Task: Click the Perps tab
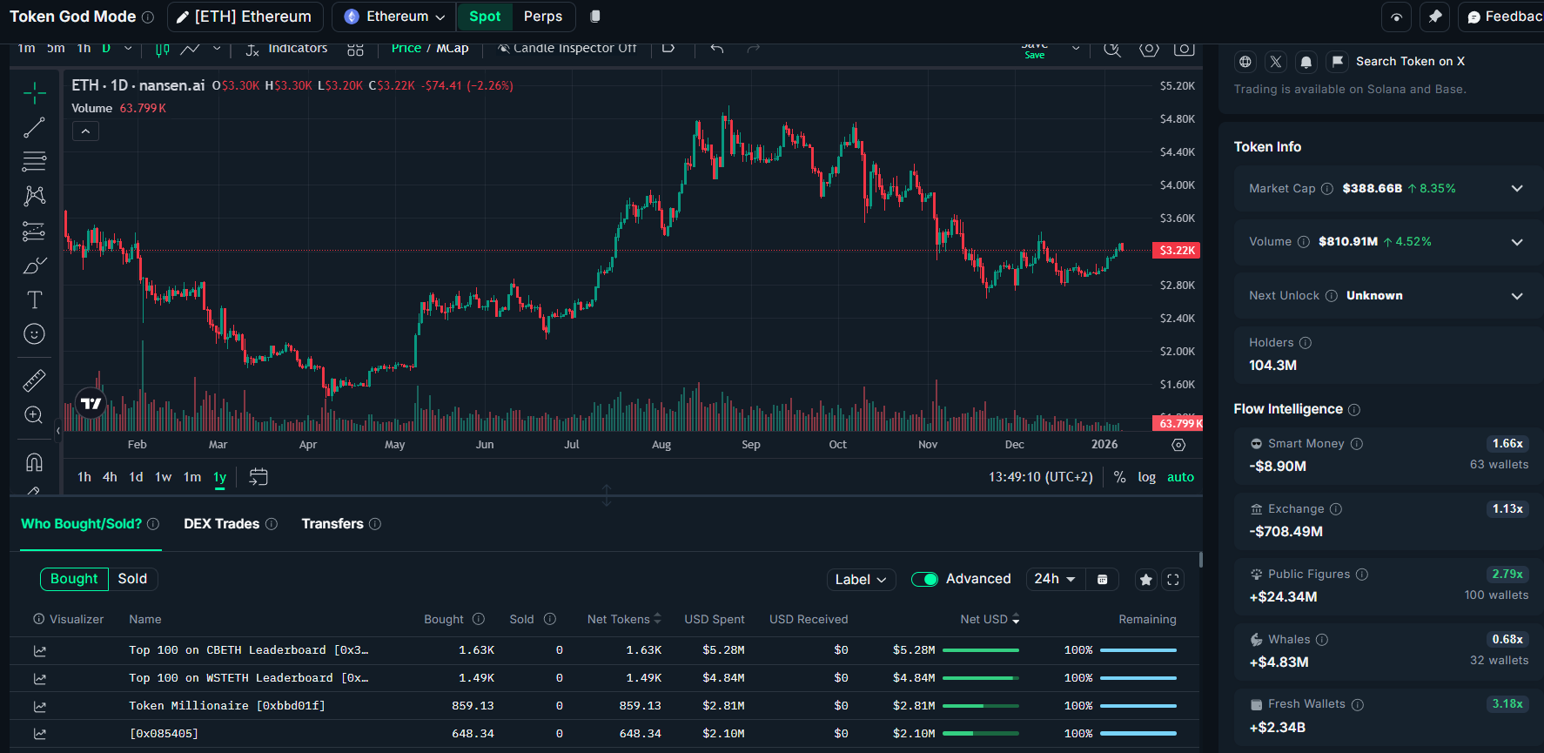tap(543, 17)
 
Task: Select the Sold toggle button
tap(132, 579)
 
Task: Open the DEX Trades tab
tap(221, 524)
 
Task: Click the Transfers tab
tap(332, 524)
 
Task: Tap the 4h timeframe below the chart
tap(110, 477)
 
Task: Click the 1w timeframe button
tap(163, 477)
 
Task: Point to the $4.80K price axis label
tap(1177, 119)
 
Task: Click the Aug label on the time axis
tap(661, 445)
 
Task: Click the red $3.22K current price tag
tap(1176, 251)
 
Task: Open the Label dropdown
tap(860, 580)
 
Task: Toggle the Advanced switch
tap(924, 580)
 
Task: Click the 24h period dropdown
tap(1054, 579)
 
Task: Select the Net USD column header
tap(983, 620)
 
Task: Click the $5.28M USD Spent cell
tap(723, 650)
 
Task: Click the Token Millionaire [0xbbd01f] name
tap(227, 706)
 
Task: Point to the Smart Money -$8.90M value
tap(1278, 467)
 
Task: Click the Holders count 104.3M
tap(1272, 366)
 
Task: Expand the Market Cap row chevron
tap(1517, 189)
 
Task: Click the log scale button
tap(1146, 477)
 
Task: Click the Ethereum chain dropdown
tap(394, 17)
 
